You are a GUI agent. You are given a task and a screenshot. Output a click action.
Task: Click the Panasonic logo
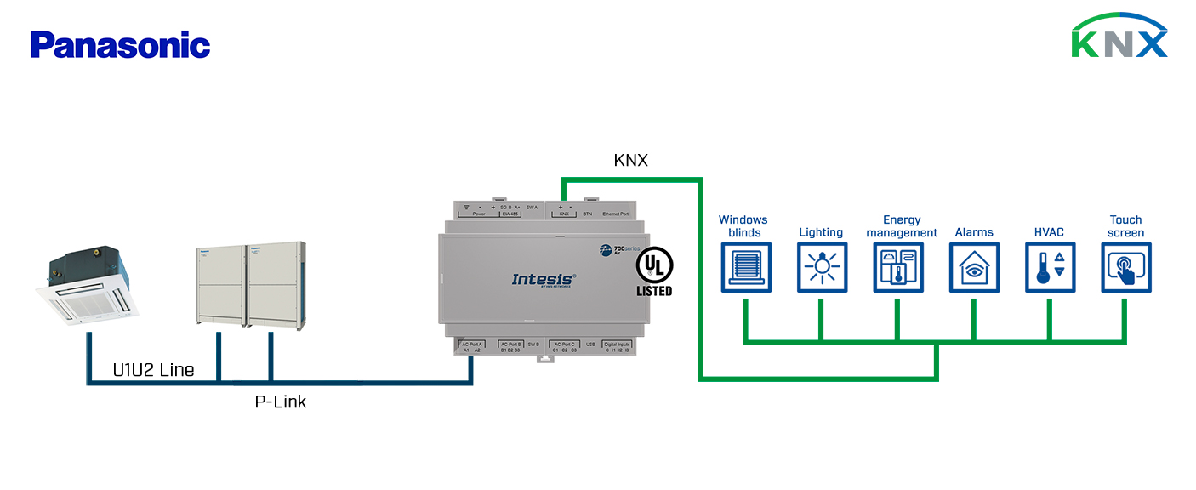click(x=120, y=44)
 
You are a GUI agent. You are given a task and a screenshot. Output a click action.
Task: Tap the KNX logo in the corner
click(x=1119, y=37)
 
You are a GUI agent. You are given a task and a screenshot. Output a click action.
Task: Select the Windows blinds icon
click(x=746, y=267)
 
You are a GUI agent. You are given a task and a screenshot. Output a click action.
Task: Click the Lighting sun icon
click(x=822, y=267)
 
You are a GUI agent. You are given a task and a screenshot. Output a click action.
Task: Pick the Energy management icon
click(x=897, y=267)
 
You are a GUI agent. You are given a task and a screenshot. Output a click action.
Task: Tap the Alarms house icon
click(x=974, y=267)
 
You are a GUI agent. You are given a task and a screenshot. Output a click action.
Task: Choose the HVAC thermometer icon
click(x=1050, y=267)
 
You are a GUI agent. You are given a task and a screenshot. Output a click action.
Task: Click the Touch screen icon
click(x=1125, y=267)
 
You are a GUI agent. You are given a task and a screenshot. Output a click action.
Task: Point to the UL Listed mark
click(x=654, y=273)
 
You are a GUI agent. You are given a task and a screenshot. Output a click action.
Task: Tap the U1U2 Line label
click(x=153, y=370)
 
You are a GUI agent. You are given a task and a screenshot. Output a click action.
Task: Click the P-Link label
click(x=281, y=402)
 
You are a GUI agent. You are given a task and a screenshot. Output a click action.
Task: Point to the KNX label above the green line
click(x=631, y=160)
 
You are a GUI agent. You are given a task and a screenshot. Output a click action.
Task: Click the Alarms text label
click(x=974, y=232)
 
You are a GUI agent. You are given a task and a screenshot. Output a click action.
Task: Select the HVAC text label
click(x=1049, y=232)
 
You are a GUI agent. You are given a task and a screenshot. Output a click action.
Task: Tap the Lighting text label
click(x=821, y=232)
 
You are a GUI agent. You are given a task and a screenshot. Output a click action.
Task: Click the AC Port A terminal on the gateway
click(x=471, y=346)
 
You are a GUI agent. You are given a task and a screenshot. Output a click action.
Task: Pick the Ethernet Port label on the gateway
click(x=615, y=214)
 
